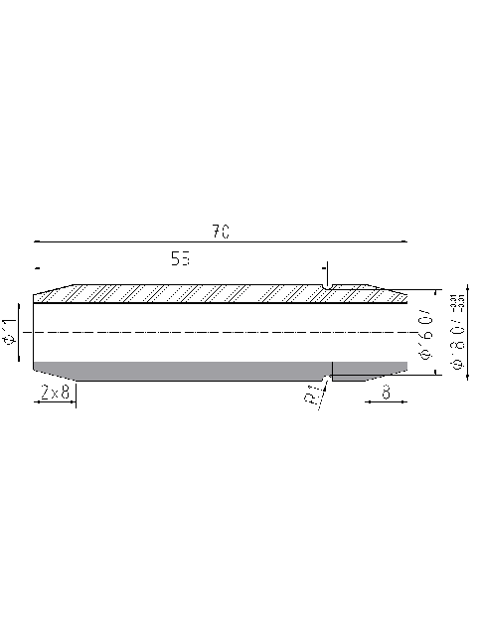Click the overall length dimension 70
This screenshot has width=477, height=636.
(221, 231)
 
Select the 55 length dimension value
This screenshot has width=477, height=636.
(180, 259)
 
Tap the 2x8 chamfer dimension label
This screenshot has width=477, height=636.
(54, 393)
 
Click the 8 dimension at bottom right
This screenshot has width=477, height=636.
(385, 393)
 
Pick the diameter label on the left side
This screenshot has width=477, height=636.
(10, 332)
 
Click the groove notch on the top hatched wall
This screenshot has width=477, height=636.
(327, 288)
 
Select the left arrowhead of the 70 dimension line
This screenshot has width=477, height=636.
(37, 240)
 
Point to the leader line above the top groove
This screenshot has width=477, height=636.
(327, 272)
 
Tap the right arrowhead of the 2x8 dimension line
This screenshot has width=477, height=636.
(73, 402)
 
